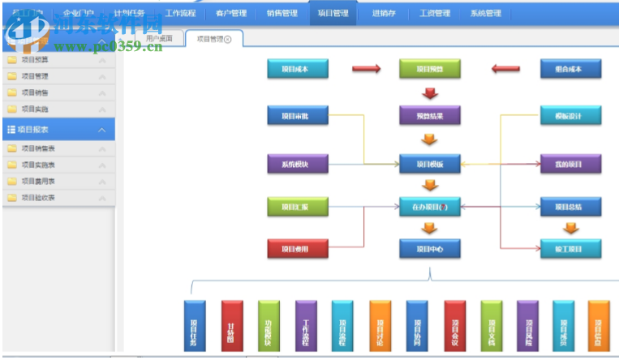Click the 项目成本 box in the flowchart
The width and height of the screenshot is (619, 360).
(298, 69)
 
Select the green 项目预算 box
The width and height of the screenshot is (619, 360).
(430, 69)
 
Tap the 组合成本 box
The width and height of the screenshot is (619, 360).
(571, 69)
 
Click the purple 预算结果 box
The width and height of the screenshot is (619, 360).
(430, 115)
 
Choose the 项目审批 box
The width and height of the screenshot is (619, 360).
(298, 115)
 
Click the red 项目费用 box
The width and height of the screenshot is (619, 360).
(298, 248)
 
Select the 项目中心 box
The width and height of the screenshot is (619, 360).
(430, 248)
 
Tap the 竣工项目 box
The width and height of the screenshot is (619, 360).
(571, 248)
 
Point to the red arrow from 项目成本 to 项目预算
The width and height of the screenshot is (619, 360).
(366, 69)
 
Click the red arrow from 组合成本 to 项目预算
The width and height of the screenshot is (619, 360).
(505, 69)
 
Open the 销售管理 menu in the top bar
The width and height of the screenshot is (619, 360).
(282, 13)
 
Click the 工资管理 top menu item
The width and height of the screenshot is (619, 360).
(434, 13)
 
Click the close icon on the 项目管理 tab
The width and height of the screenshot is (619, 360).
(228, 39)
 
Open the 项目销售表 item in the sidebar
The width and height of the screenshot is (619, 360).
(38, 148)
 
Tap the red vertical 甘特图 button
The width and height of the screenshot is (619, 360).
(232, 327)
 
